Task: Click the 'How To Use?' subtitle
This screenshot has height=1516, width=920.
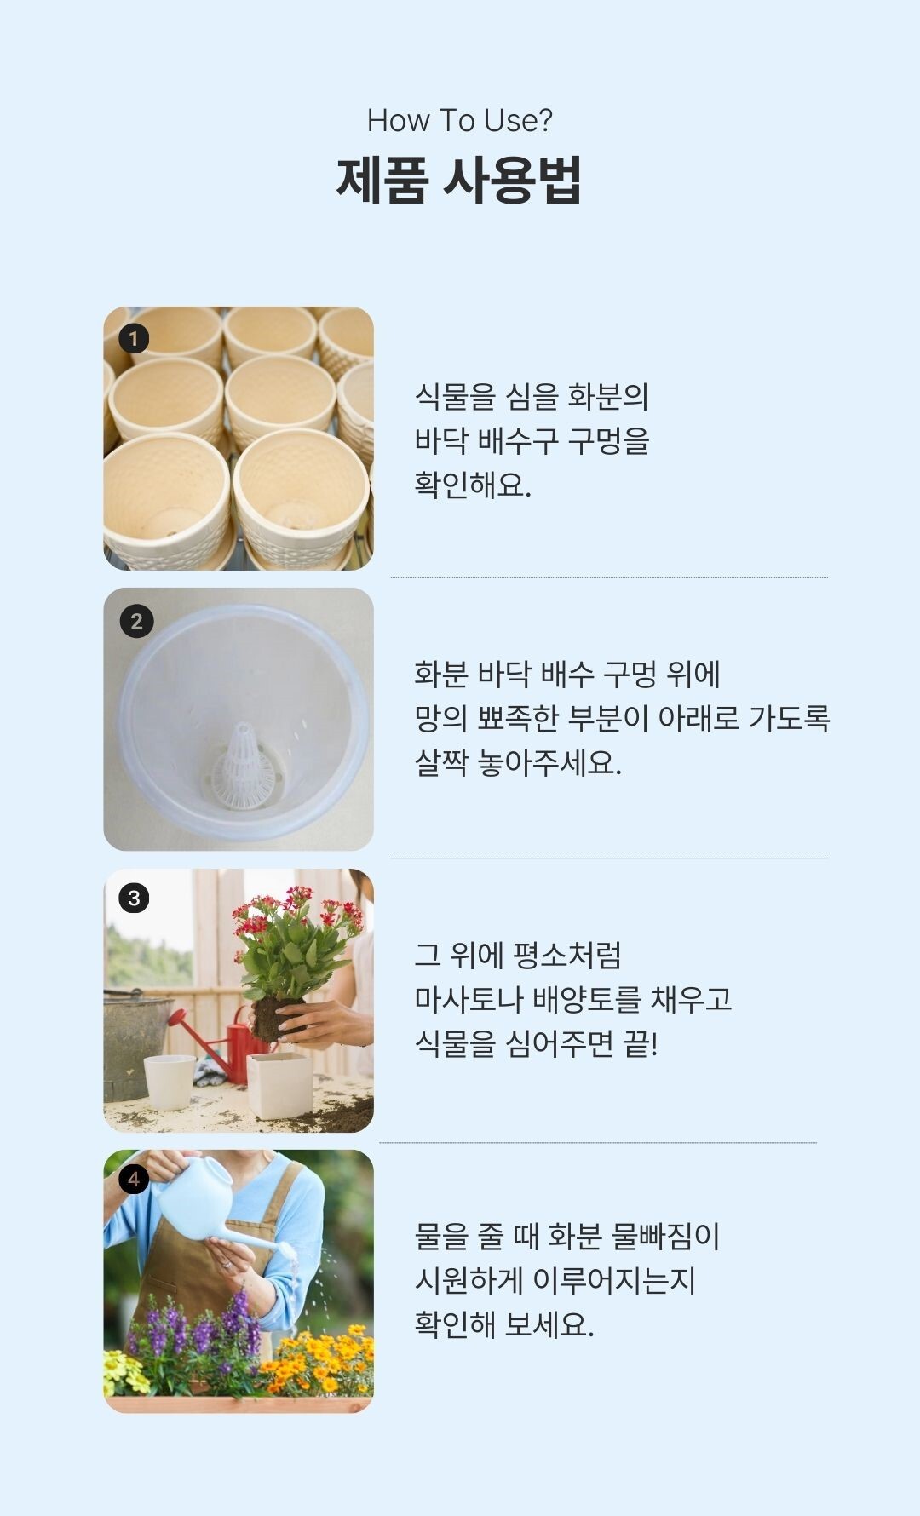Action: tap(460, 121)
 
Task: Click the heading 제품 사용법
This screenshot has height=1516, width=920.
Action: tap(459, 180)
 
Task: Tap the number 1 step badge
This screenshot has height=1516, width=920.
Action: tap(133, 339)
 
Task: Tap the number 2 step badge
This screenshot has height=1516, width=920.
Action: tap(136, 621)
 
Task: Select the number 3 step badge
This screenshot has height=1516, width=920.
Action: tap(134, 898)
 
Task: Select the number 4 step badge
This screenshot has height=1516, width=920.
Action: tap(134, 1179)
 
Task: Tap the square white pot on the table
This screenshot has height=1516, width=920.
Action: tap(279, 1084)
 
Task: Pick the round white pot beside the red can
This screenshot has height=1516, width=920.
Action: tap(170, 1082)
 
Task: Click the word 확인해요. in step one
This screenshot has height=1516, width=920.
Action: tap(473, 485)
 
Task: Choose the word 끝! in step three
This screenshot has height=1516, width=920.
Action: tap(641, 1042)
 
